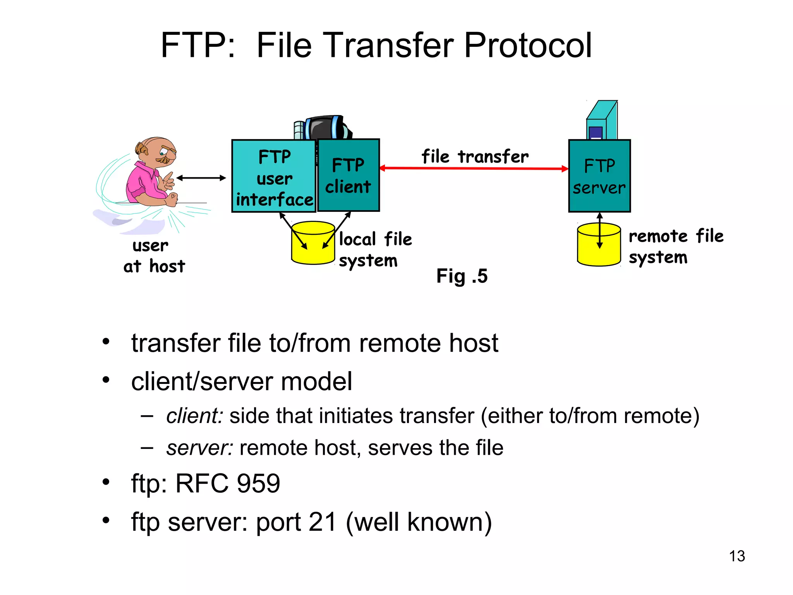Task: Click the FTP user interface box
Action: pyautogui.click(x=274, y=176)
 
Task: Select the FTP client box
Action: pyautogui.click(x=348, y=175)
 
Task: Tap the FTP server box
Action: pyautogui.click(x=599, y=176)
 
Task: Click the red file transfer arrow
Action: pyautogui.click(x=474, y=168)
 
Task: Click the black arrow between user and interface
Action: pyautogui.click(x=201, y=178)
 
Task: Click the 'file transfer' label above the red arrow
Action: pyautogui.click(x=475, y=156)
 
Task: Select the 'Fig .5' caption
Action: pyautogui.click(x=462, y=276)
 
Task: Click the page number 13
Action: pyautogui.click(x=736, y=556)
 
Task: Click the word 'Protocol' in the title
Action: pyautogui.click(x=527, y=45)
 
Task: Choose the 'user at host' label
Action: pyautogui.click(x=154, y=256)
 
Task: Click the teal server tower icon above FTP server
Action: pyautogui.click(x=602, y=120)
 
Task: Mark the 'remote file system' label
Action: pyautogui.click(x=675, y=246)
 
